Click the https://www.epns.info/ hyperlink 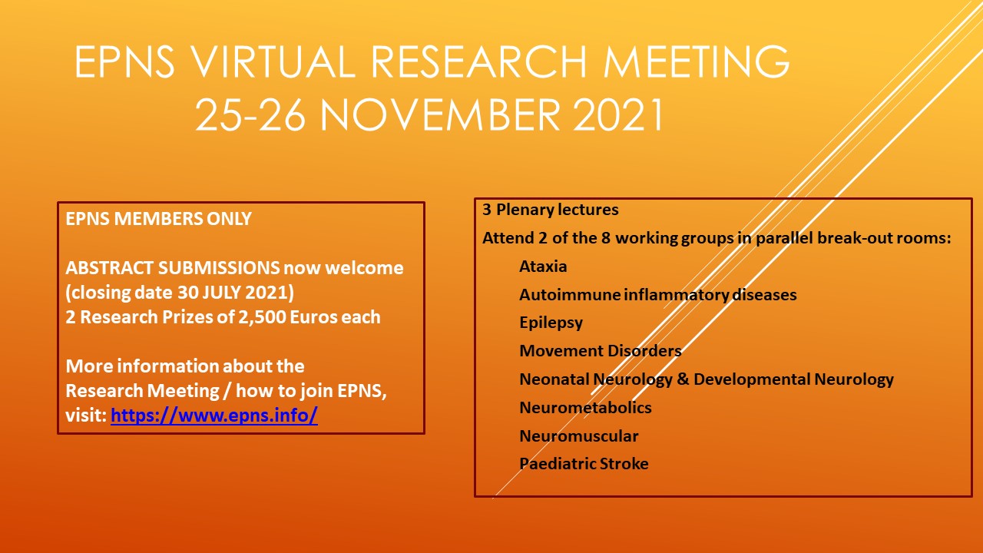pos(214,416)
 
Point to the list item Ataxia pos(543,267)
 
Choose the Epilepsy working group pos(551,323)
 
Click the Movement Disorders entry pos(600,351)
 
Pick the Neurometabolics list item pos(585,408)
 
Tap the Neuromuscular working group pos(578,436)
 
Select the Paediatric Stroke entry pos(584,464)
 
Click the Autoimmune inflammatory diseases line pos(657,295)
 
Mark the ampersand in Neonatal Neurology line pos(683,379)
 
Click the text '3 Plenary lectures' pos(550,210)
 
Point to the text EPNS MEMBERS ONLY pos(158,219)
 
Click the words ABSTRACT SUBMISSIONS pos(172,268)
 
